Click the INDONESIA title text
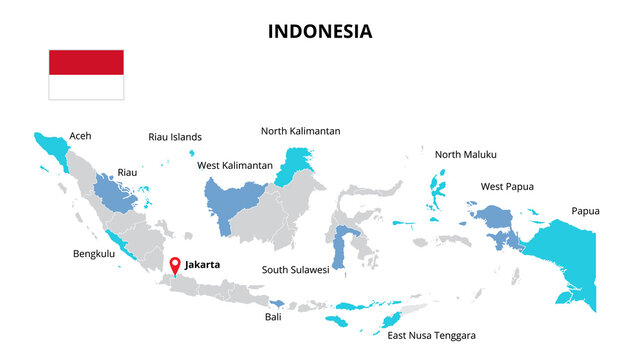[x=320, y=31]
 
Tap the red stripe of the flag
[x=87, y=62]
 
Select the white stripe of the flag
[x=87, y=88]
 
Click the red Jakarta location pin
[x=175, y=265]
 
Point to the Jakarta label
[x=202, y=265]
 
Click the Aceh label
[x=80, y=137]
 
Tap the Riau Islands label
[x=175, y=137]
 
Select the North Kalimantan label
[x=300, y=131]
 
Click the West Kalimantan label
[x=235, y=165]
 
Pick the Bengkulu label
[x=94, y=254]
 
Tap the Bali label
[x=273, y=317]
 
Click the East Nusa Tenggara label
[x=431, y=335]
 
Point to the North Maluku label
[x=465, y=154]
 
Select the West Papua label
[x=507, y=186]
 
